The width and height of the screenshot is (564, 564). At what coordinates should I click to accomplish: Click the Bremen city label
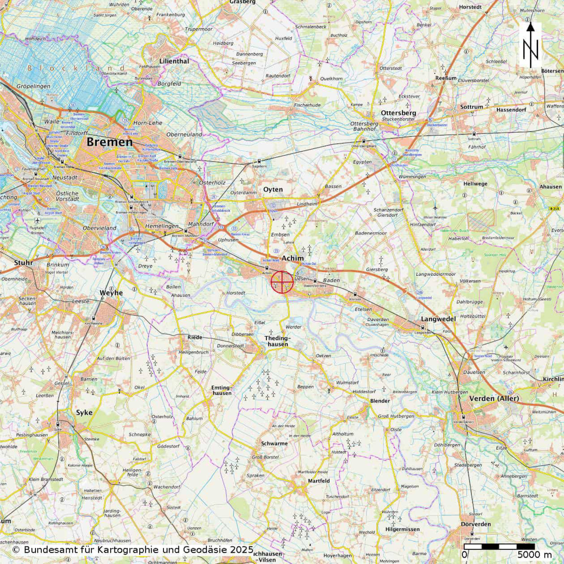pyautogui.click(x=109, y=142)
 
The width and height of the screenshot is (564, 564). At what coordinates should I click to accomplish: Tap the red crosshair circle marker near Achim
pyautogui.click(x=282, y=282)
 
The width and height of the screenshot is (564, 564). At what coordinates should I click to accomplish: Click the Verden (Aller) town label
pyautogui.click(x=494, y=399)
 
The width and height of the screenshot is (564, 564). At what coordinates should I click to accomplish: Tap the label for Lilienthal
pyautogui.click(x=174, y=61)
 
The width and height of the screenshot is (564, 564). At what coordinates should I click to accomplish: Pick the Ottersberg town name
pyautogui.click(x=399, y=113)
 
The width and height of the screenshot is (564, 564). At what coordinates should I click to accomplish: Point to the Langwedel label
pyautogui.click(x=438, y=319)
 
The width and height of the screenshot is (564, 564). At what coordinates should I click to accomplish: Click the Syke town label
pyautogui.click(x=84, y=413)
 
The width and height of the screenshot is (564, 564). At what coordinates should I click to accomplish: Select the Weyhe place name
pyautogui.click(x=111, y=293)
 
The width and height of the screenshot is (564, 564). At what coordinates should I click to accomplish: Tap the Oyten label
pyautogui.click(x=273, y=190)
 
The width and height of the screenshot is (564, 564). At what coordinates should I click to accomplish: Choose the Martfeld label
pyautogui.click(x=319, y=481)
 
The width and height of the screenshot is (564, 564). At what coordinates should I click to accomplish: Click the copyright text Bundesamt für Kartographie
pyautogui.click(x=133, y=550)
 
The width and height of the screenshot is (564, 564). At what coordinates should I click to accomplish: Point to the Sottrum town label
pyautogui.click(x=472, y=107)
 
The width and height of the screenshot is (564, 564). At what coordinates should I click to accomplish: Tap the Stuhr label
pyautogui.click(x=23, y=262)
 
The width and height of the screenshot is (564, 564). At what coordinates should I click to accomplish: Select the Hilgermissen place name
pyautogui.click(x=402, y=529)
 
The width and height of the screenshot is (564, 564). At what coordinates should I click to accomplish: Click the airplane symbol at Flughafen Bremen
pyautogui.click(x=37, y=220)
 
